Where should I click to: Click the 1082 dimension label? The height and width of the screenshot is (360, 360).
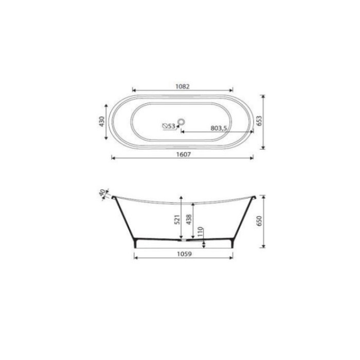coord(183,86)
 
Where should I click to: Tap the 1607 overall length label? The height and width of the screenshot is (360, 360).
coord(184,154)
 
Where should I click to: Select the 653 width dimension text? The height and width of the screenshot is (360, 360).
coord(259,120)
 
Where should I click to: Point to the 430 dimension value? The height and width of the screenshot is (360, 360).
coord(101,121)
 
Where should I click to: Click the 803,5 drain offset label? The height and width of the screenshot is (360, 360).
coord(219,128)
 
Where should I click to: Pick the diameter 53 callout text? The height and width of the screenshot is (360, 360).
coord(169,126)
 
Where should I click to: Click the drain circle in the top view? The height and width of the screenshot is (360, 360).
coord(182,122)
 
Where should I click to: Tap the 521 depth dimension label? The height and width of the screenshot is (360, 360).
coord(177,220)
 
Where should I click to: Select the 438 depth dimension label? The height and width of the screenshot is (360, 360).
coord(189,220)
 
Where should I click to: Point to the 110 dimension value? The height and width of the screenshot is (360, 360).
coord(200,232)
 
